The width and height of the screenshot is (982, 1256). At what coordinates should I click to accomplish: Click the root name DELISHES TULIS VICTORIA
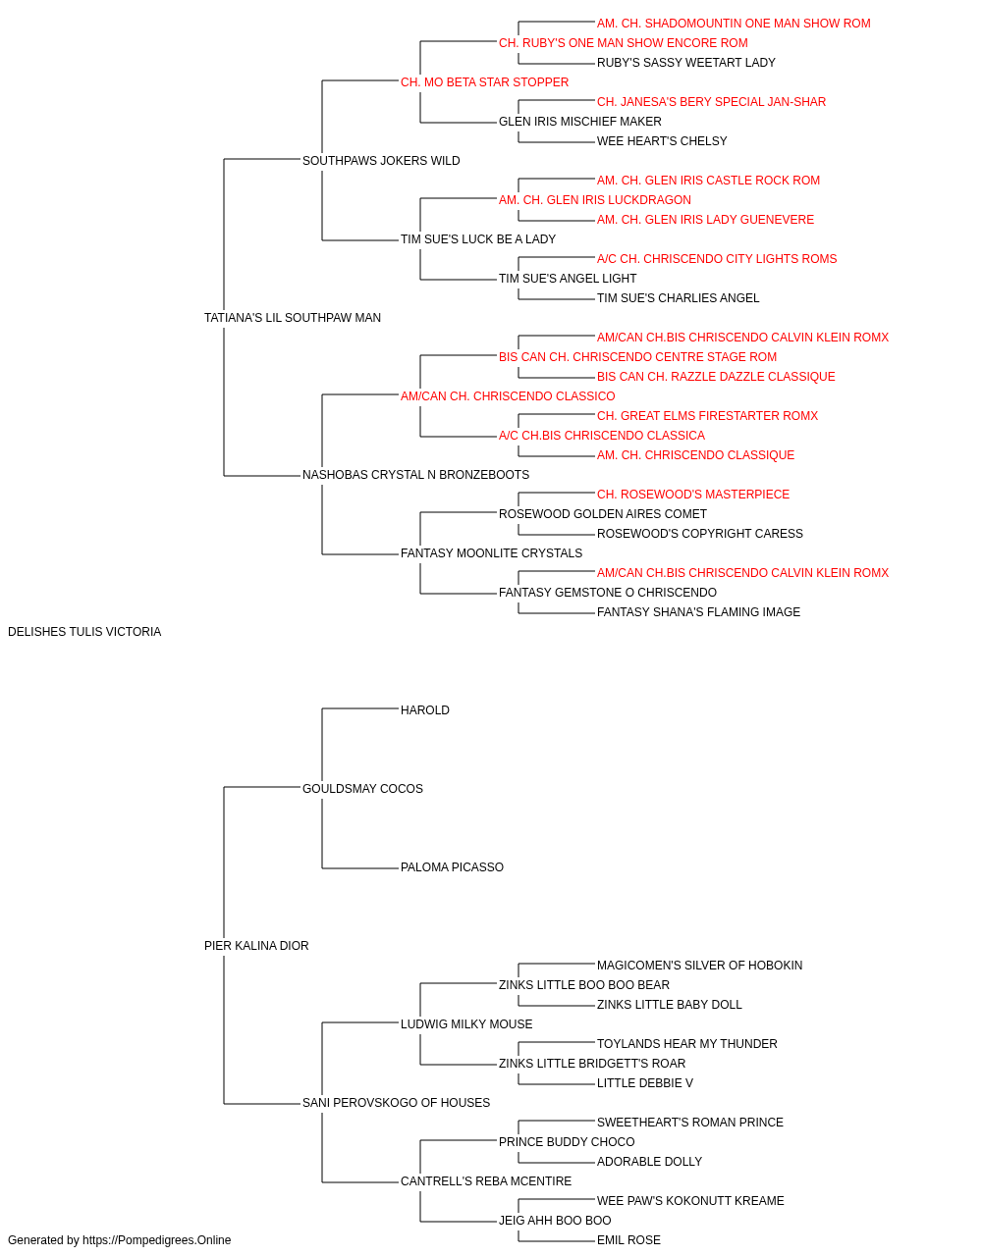click(84, 632)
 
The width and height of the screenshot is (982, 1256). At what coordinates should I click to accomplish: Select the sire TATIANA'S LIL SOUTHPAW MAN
click(293, 318)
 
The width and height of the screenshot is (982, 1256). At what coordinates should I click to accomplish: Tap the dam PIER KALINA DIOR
click(256, 946)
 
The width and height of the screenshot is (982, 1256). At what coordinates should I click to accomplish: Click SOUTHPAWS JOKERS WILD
click(381, 161)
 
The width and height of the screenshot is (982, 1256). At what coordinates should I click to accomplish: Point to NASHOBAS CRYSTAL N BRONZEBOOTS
click(415, 475)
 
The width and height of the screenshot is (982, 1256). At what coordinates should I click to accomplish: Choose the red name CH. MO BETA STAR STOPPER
click(485, 82)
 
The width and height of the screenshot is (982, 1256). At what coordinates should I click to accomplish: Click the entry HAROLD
click(425, 710)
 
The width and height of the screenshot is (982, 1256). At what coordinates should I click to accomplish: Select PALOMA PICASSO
click(453, 867)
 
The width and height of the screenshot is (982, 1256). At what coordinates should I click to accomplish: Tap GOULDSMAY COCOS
click(362, 789)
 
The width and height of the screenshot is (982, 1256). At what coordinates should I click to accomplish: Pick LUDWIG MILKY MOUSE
click(466, 1024)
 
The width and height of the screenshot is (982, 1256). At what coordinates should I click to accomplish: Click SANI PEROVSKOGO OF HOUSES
click(396, 1103)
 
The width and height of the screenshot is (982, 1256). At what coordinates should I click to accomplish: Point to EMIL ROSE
click(628, 1240)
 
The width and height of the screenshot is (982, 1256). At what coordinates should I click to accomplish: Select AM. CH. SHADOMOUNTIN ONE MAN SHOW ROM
click(734, 24)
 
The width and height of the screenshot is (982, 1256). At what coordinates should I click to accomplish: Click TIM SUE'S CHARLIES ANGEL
click(679, 298)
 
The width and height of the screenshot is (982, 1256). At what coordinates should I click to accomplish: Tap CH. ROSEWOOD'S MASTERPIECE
click(693, 495)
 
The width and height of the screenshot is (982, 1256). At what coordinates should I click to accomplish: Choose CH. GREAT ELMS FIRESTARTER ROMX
click(708, 416)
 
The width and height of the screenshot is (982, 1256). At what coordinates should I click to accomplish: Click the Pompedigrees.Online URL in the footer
click(157, 1240)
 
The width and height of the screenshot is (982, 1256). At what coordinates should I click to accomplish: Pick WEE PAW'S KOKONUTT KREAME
click(690, 1200)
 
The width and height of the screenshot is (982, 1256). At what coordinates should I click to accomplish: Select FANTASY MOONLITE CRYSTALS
click(492, 553)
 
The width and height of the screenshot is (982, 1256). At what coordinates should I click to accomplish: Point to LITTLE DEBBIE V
click(645, 1083)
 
